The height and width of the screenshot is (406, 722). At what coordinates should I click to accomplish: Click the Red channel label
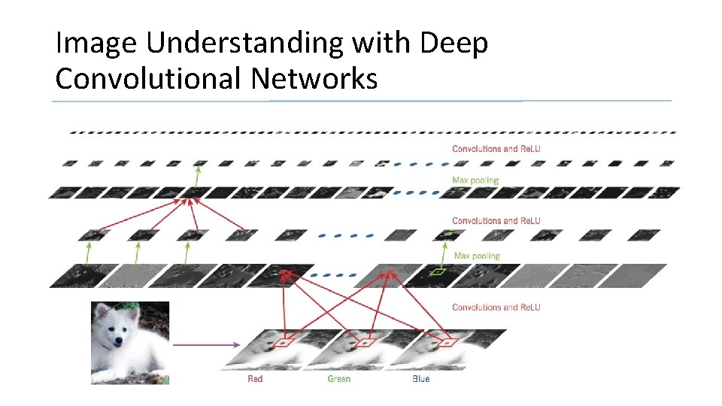click(255, 379)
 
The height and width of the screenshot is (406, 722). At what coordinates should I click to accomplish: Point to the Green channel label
click(338, 379)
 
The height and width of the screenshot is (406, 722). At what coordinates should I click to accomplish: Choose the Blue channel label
click(421, 379)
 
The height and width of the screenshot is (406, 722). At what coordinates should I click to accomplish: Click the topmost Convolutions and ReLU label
click(496, 149)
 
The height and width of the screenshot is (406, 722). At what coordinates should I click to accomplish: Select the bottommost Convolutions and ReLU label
click(496, 307)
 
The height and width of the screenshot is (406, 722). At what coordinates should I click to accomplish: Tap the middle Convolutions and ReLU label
click(496, 221)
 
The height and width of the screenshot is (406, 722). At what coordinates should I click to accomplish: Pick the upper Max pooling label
click(475, 180)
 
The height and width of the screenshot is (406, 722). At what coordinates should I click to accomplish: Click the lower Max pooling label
click(477, 256)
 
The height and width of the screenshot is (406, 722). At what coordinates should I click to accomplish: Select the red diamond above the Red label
click(284, 343)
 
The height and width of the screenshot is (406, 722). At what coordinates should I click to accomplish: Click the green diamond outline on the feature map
click(438, 271)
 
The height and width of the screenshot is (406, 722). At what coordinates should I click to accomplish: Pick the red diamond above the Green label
click(366, 343)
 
